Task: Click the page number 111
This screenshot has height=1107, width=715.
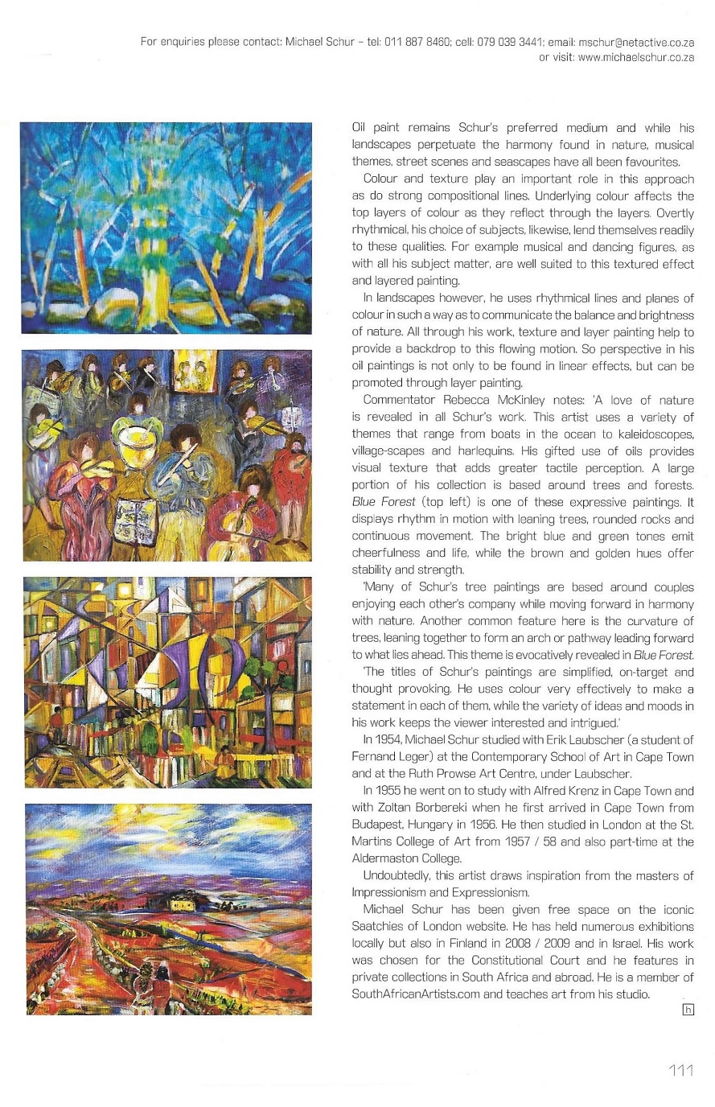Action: point(680,1070)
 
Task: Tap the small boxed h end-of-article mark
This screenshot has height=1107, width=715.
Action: point(688,1009)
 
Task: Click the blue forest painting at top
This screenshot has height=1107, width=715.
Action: point(166,228)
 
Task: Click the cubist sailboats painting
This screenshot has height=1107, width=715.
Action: point(166,682)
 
